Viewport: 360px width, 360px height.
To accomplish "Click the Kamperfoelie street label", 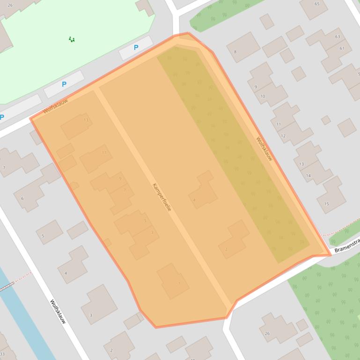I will point(162,196).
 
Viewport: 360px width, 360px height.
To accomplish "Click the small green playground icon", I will point(72,40).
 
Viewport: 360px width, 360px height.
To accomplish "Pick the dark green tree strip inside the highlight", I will point(234,154).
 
